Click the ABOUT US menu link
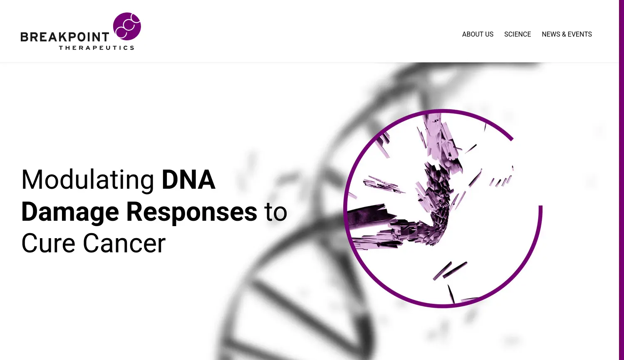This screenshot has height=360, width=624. click(x=478, y=35)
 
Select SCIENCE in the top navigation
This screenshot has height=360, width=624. click(x=518, y=35)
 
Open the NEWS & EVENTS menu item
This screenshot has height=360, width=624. click(x=567, y=35)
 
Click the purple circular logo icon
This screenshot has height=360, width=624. click(x=127, y=26)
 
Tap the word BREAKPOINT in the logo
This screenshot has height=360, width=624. click(x=65, y=37)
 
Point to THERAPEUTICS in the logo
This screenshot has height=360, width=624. click(x=97, y=48)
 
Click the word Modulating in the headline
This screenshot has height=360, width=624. click(x=88, y=180)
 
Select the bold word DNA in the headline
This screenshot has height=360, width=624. click(x=188, y=180)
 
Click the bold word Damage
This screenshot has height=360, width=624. click(x=70, y=212)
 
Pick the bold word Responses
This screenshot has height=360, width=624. click(x=191, y=212)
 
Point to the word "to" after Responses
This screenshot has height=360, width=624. click(x=276, y=212)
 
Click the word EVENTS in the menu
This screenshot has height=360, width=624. click(x=579, y=35)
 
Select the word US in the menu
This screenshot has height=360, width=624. click(x=489, y=35)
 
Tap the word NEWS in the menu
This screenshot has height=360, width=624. click(x=551, y=35)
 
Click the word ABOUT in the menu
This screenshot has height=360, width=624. click(x=472, y=35)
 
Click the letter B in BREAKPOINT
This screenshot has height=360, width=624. click(x=25, y=37)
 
